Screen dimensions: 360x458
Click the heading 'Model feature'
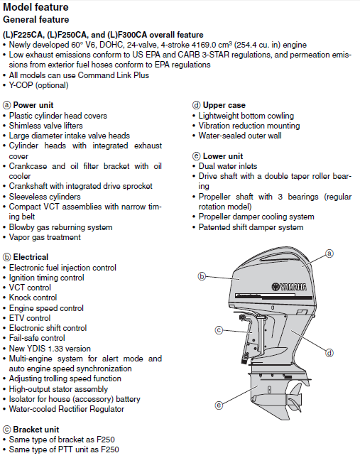36,7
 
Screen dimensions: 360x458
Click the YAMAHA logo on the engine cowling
289,287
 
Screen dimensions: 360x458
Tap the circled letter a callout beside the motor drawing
329,253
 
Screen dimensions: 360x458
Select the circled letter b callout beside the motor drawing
202,276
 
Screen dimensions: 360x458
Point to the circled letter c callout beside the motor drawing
219,330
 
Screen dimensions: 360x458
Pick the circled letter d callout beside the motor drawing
329,353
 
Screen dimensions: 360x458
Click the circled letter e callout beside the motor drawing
219,405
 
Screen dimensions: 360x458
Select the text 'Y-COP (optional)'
38,85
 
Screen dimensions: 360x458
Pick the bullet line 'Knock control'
33,298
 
